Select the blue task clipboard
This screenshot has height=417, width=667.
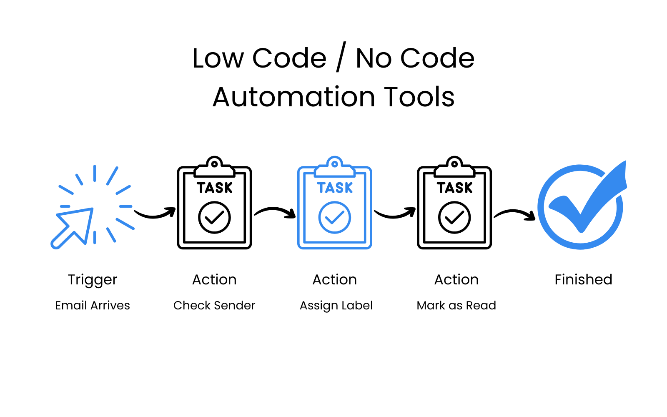334,204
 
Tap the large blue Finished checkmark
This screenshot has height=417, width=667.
582,206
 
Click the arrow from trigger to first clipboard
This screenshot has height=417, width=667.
155,214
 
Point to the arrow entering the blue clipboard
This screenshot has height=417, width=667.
275,212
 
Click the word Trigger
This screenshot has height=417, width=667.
93,280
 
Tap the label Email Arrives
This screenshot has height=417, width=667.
93,306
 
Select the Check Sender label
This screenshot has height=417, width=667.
214,306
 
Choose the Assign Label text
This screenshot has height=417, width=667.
336,306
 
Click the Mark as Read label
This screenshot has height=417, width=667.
456,306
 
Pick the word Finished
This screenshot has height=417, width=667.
583,279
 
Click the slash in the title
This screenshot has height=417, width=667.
341,58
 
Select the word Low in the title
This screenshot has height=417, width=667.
218,58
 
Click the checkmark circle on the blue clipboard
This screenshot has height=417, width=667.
334,217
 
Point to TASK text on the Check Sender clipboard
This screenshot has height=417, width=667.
215,188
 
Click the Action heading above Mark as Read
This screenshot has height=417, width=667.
456,279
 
